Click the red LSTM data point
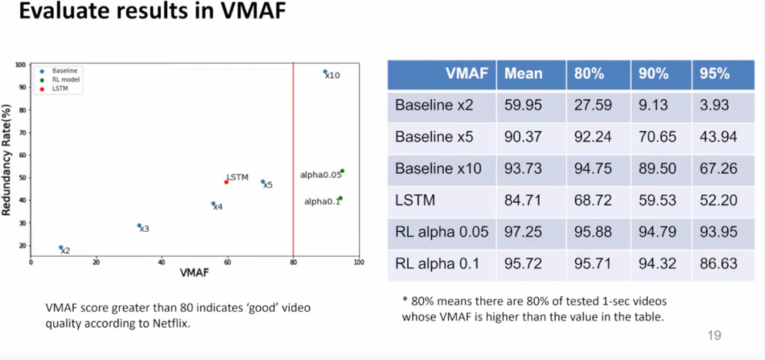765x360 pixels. click(x=226, y=182)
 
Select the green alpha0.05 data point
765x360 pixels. click(x=342, y=171)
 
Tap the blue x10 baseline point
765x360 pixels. click(x=325, y=72)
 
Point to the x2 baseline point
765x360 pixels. click(x=61, y=247)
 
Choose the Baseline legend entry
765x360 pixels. click(x=64, y=71)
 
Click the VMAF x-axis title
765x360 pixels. click(x=194, y=272)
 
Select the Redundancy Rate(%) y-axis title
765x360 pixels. click(x=6, y=159)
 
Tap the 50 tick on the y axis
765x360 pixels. click(x=22, y=178)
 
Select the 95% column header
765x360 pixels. click(x=715, y=74)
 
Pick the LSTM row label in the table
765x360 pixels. click(x=415, y=201)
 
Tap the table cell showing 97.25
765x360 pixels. click(x=523, y=232)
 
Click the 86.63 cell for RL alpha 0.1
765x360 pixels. click(x=718, y=264)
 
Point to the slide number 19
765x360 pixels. click(x=714, y=334)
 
